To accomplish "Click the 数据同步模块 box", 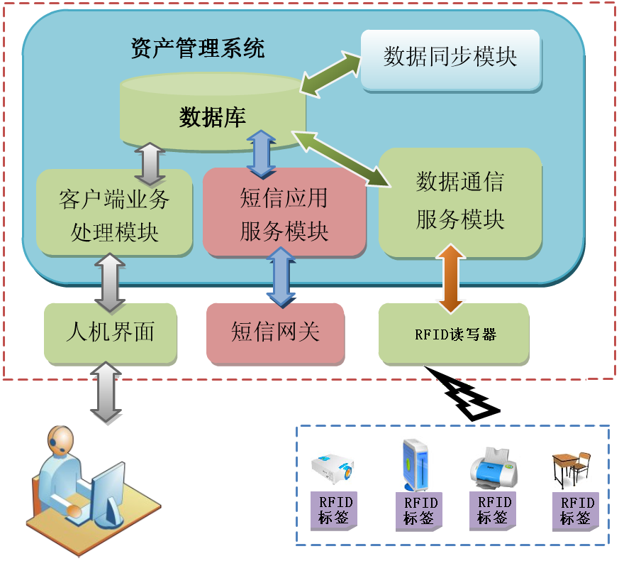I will point(450,58).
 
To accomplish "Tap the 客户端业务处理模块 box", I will point(114,212).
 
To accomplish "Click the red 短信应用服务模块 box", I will point(284,212).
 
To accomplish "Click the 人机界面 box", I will point(110,332).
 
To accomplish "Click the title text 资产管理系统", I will point(198,48).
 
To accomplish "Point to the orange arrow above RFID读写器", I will point(451,278).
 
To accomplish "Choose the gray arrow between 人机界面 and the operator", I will point(106,391).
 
